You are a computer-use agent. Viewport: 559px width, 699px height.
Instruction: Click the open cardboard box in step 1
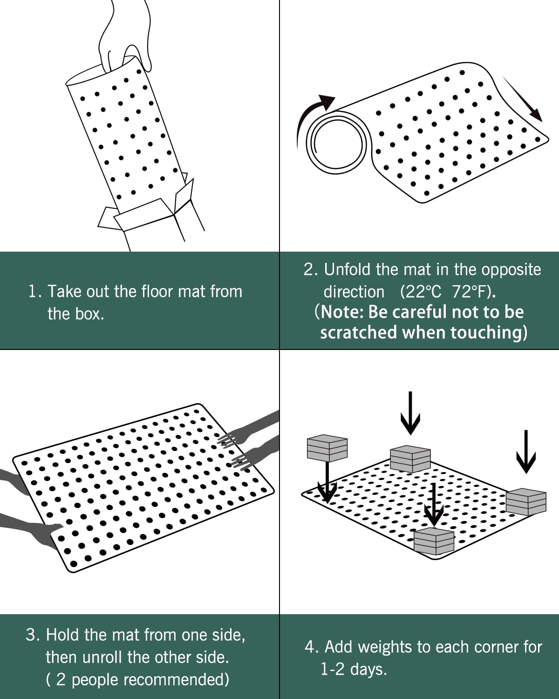point(154,210)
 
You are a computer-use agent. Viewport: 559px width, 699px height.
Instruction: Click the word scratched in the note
point(359,332)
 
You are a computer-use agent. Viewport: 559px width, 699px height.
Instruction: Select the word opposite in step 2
point(511,269)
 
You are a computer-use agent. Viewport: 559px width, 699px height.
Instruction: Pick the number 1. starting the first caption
point(35,292)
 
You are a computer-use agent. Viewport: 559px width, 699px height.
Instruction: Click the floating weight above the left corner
point(327,448)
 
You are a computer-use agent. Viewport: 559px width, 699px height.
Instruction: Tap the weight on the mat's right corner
point(526,501)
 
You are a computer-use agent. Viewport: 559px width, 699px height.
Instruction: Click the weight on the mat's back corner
point(410,459)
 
